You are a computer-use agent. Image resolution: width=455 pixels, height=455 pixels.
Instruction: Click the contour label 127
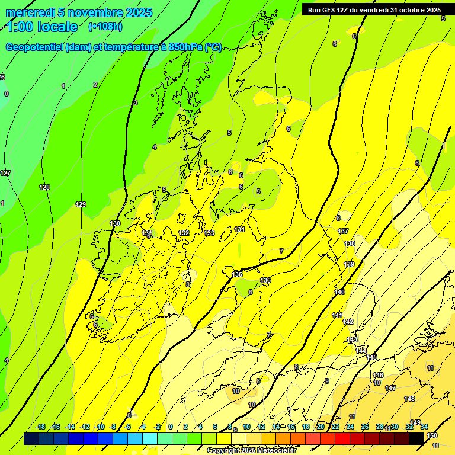[x=5, y=173]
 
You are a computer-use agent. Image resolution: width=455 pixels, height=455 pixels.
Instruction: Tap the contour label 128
[x=44, y=187]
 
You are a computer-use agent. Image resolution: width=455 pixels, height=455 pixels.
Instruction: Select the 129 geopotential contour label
[x=81, y=204]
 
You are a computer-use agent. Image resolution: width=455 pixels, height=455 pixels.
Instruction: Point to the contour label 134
[x=239, y=229]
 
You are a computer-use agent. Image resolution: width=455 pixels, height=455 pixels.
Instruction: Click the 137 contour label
[x=343, y=231]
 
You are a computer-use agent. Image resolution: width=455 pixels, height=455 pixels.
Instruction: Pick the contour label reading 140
[x=339, y=292]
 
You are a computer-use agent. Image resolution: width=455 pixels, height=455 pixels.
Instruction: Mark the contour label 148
[x=409, y=399]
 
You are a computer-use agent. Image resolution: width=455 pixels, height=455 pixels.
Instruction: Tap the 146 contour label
[x=378, y=375]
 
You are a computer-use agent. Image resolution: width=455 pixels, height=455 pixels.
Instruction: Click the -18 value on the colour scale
[x=41, y=427]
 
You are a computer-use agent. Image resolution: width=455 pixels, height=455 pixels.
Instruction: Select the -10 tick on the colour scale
[x=100, y=427]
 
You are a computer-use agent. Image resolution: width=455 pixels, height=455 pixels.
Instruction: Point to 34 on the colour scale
[x=424, y=427]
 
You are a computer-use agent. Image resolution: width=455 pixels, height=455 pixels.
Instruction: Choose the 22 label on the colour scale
[x=335, y=427]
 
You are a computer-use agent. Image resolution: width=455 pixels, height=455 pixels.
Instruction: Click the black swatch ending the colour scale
[x=416, y=438]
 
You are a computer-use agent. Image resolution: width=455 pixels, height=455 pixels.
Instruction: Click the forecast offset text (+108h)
[x=105, y=27]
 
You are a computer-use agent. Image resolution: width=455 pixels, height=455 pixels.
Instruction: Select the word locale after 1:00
[x=57, y=27]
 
